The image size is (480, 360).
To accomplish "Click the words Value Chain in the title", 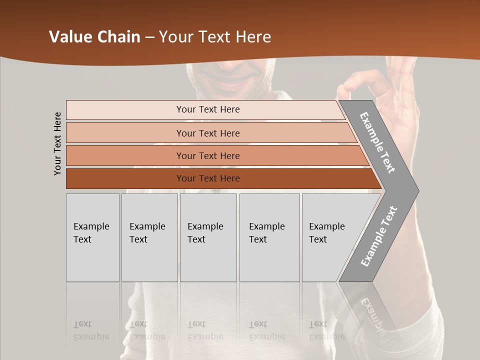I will click(x=94, y=37).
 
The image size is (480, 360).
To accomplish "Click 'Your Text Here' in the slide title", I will click(x=215, y=37).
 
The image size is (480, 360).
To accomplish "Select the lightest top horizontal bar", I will click(x=125, y=109).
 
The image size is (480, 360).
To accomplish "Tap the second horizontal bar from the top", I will click(x=125, y=133).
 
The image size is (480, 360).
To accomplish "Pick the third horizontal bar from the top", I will click(x=125, y=155).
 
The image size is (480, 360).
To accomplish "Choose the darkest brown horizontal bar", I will click(x=125, y=178).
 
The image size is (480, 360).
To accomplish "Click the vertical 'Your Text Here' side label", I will click(x=57, y=143).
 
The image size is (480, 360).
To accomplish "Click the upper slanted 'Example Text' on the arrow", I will click(x=377, y=142).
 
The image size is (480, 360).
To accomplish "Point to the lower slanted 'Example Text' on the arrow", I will click(x=378, y=236).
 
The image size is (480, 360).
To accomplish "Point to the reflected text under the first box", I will click(x=91, y=330).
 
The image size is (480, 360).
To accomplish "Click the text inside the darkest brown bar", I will click(x=208, y=178).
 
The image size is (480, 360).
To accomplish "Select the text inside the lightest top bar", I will click(x=208, y=109).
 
